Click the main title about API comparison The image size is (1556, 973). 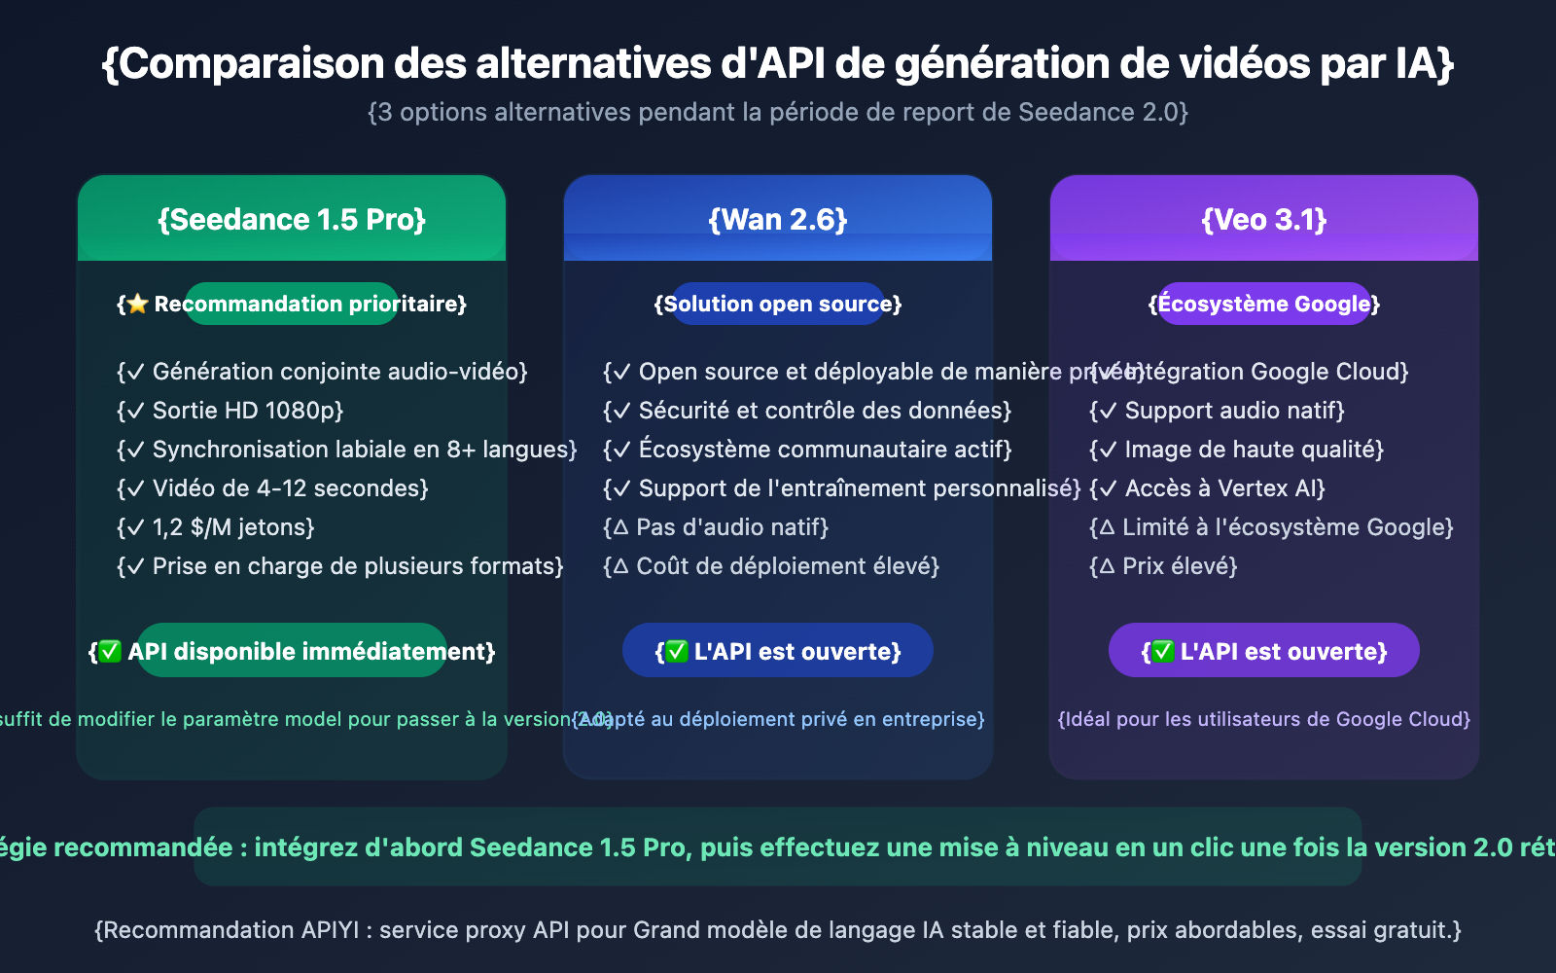coord(778,64)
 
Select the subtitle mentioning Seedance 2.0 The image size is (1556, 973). coord(778,113)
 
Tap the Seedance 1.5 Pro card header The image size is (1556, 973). coord(292,219)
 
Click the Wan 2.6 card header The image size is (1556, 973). coord(778,219)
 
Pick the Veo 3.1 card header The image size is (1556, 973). coord(1264,219)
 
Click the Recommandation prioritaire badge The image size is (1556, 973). coord(292,304)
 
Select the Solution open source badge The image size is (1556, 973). coord(778,304)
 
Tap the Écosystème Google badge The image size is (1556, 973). coord(1264,304)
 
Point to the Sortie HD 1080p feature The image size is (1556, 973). coord(230,411)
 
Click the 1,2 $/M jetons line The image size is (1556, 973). coord(216,527)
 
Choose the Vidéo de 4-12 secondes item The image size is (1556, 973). coord(272,488)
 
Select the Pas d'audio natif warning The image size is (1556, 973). coord(716,527)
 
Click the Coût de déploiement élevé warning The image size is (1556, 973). coord(771,566)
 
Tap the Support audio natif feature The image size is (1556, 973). coord(1217,411)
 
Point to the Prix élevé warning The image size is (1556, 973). coord(1163,566)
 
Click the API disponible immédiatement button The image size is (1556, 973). coord(292,651)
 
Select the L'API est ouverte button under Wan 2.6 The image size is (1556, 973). coord(778,651)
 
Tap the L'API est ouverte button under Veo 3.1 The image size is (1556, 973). coord(1264,651)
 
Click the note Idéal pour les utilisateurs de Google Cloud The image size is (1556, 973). coord(1264,719)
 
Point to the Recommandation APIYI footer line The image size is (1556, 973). coord(778,930)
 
